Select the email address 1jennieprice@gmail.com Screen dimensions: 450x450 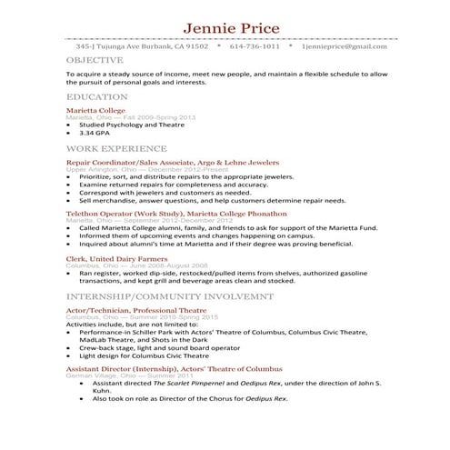point(351,45)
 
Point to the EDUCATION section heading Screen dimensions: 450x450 point(96,96)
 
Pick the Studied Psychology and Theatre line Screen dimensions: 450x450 point(135,125)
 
